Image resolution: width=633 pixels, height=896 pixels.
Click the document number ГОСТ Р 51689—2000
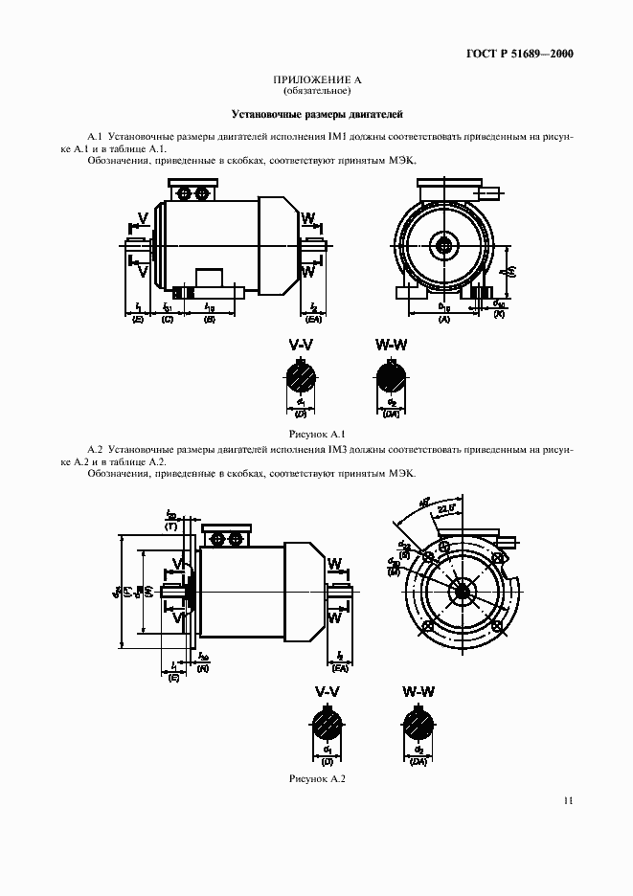click(519, 54)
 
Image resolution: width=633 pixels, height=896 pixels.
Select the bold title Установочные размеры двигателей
click(316, 112)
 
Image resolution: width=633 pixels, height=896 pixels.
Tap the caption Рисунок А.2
click(316, 778)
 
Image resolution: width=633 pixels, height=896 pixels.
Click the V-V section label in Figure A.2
click(328, 691)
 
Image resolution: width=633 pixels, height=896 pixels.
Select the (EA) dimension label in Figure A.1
click(314, 318)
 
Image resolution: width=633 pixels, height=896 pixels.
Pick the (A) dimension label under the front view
click(443, 318)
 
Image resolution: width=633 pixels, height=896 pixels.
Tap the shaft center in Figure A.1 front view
click(445, 246)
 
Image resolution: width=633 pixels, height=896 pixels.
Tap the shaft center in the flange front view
click(463, 592)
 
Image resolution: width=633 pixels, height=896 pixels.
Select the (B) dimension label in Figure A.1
click(210, 318)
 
